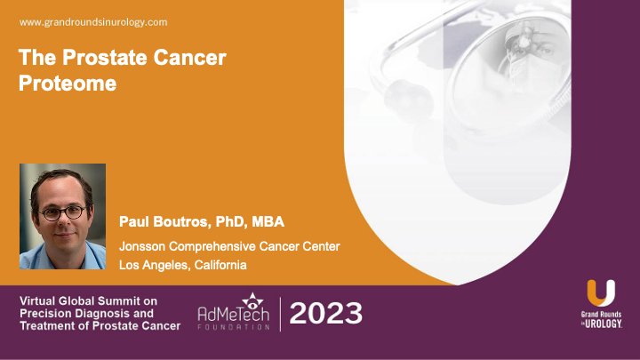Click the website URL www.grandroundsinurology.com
pyautogui.click(x=92, y=21)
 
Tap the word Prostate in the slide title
pyautogui.click(x=87, y=60)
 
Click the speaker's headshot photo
pyautogui.click(x=62, y=216)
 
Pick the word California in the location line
pyautogui.click(x=212, y=264)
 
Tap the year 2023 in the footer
pyautogui.click(x=326, y=314)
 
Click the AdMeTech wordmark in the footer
pyautogui.click(x=235, y=314)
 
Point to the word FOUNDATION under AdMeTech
pyautogui.click(x=235, y=328)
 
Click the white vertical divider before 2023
pyautogui.click(x=280, y=314)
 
